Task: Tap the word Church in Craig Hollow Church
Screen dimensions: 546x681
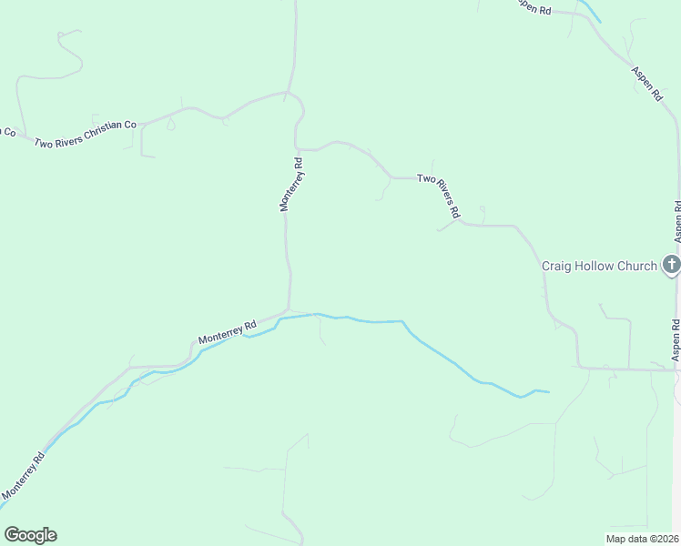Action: (635, 266)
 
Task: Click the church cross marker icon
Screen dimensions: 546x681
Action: (672, 266)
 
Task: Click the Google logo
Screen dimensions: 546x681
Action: (30, 535)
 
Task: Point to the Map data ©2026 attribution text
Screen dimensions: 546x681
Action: (642, 538)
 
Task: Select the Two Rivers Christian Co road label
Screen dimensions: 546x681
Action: (85, 135)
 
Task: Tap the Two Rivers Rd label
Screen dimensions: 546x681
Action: (440, 193)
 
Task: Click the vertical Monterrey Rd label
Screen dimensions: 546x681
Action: (290, 186)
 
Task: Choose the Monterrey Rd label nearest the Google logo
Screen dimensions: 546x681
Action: (22, 477)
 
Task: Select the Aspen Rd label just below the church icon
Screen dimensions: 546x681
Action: (676, 339)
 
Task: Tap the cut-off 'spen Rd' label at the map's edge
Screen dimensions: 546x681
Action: (534, 7)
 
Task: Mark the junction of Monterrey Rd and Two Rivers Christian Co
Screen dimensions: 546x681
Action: (288, 93)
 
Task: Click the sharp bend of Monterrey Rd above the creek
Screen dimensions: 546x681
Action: (290, 309)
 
